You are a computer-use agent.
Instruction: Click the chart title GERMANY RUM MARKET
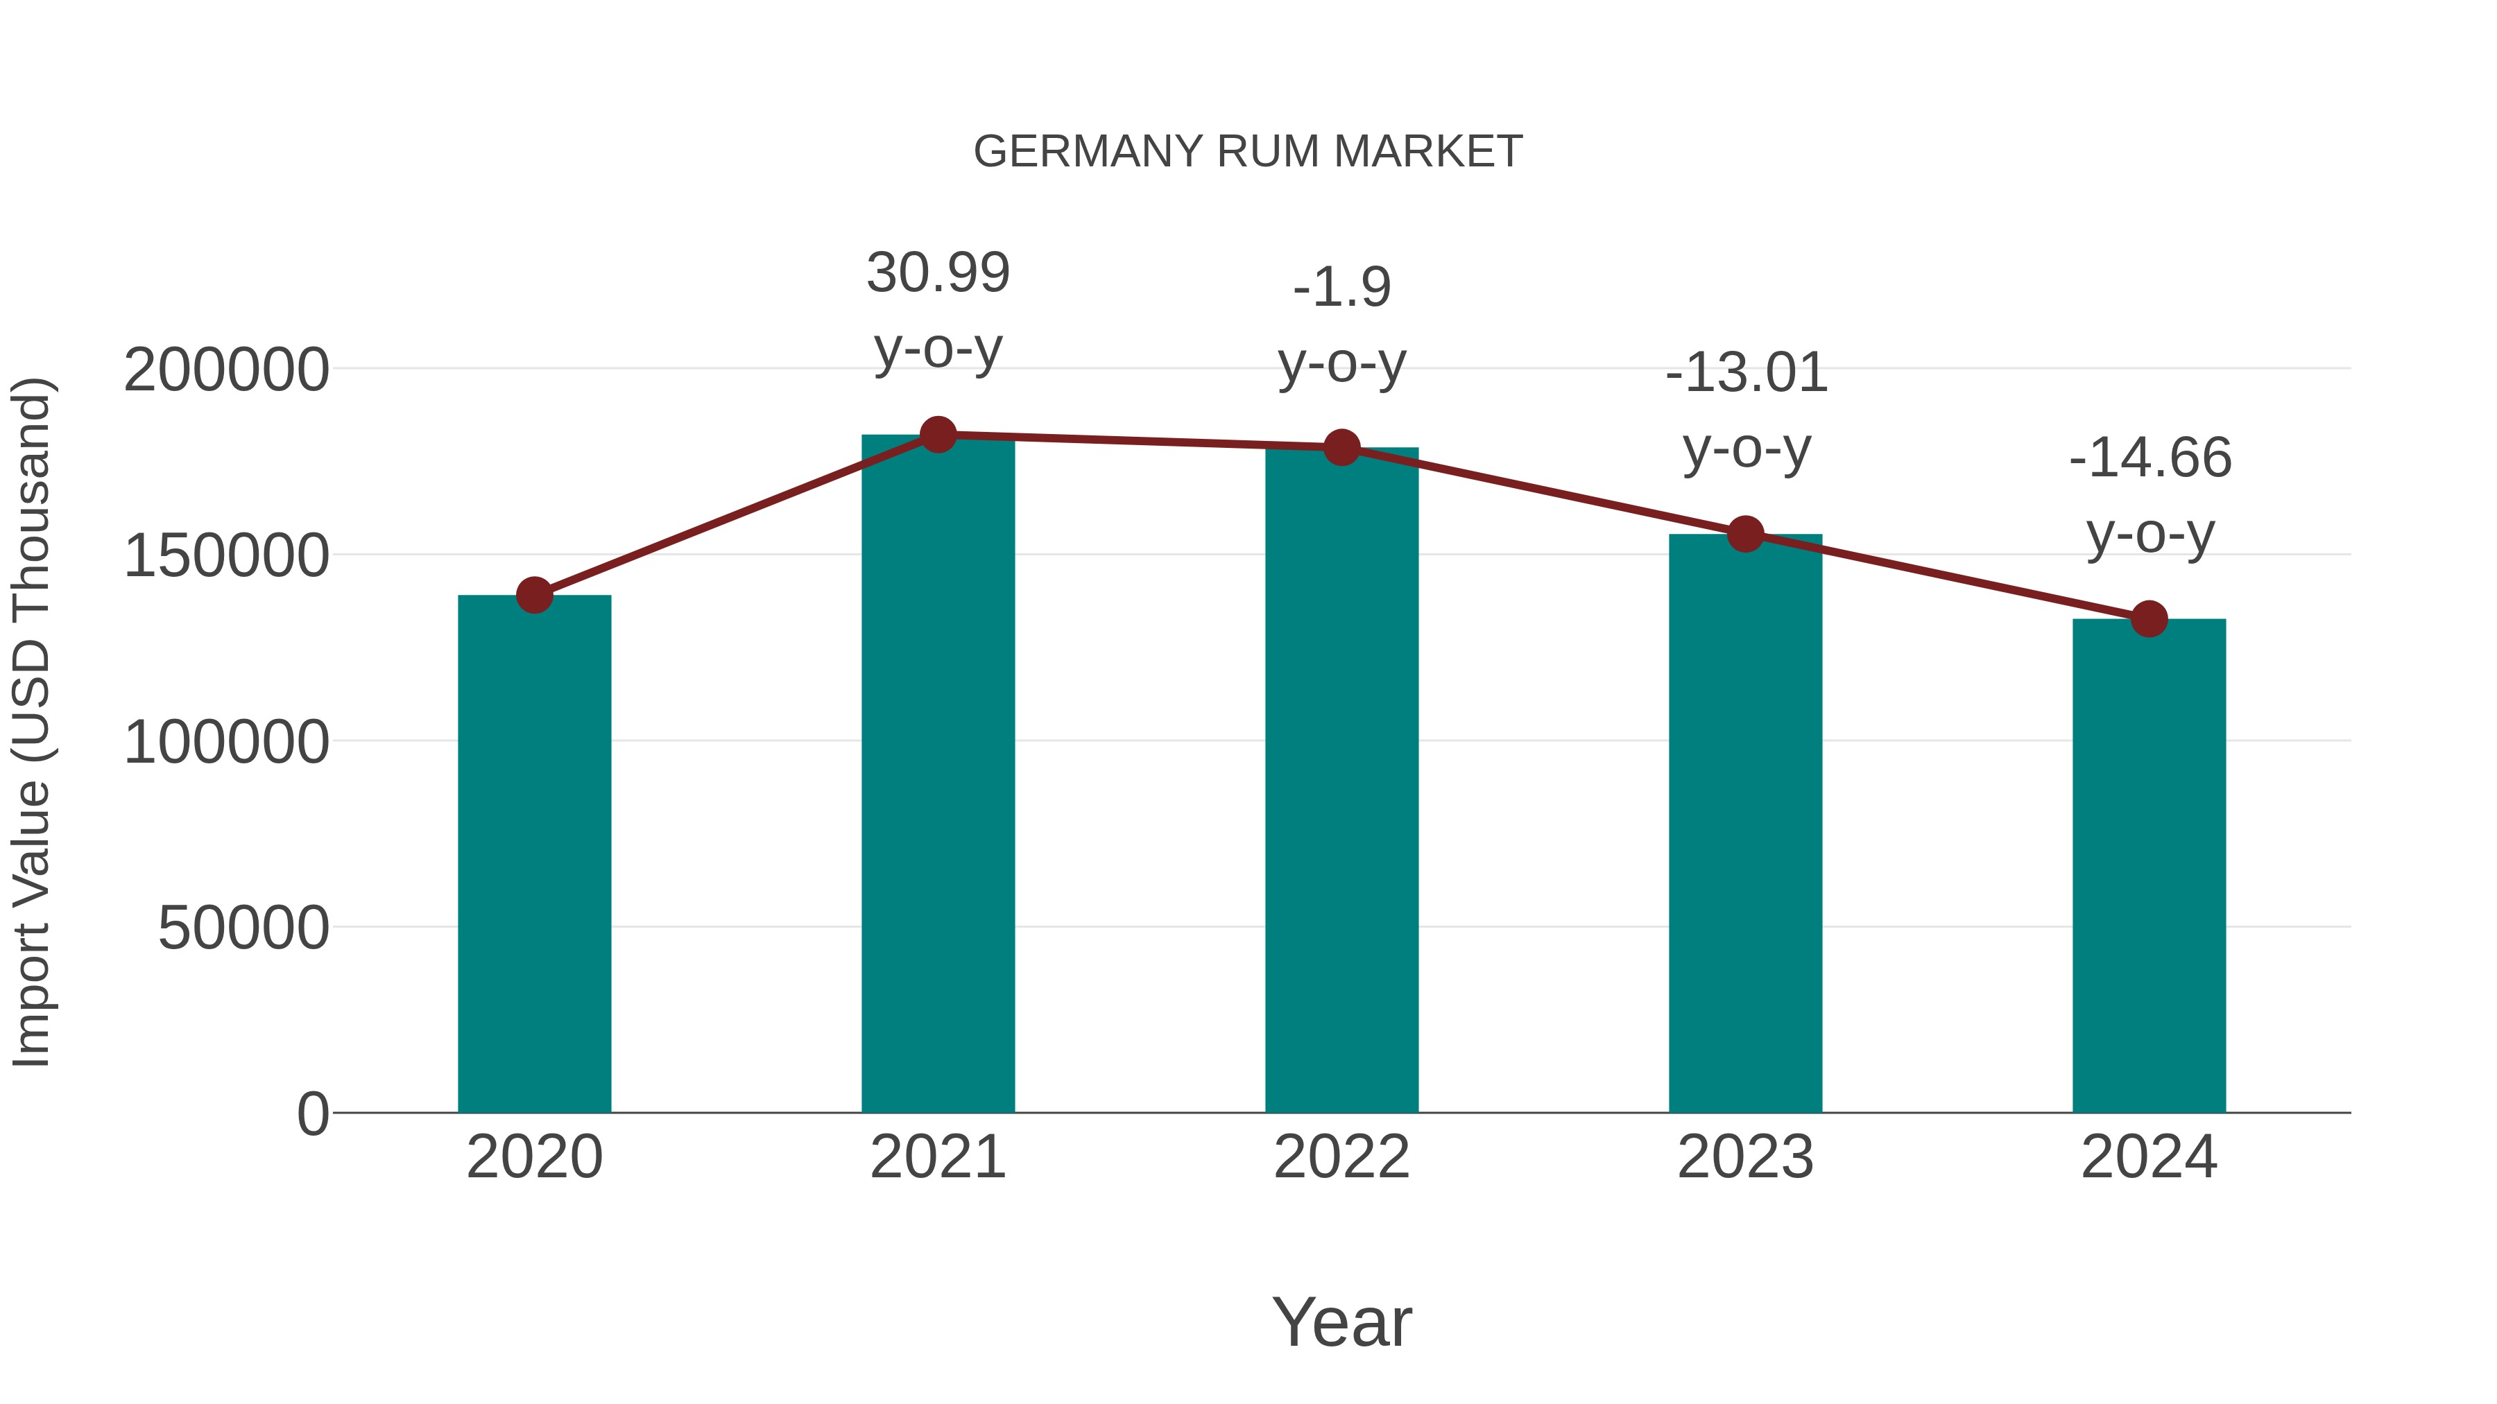pos(1248,152)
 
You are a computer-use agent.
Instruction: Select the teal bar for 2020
pos(534,853)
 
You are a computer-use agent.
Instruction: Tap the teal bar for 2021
pos(937,775)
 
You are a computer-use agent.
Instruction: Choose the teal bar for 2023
pos(1745,824)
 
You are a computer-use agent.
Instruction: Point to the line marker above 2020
pos(534,595)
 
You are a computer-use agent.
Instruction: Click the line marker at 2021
pos(937,435)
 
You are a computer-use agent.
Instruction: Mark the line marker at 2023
pos(1745,534)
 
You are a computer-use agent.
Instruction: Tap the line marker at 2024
pos(2149,618)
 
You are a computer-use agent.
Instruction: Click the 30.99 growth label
pos(937,273)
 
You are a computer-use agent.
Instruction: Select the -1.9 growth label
pos(1341,288)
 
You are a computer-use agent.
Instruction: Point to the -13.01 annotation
pos(1746,374)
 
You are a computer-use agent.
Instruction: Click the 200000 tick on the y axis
pos(226,370)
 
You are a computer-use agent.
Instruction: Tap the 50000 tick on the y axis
pos(243,928)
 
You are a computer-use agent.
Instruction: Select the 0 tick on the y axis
pos(313,1114)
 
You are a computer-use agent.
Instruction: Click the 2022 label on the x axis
pos(1341,1157)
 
